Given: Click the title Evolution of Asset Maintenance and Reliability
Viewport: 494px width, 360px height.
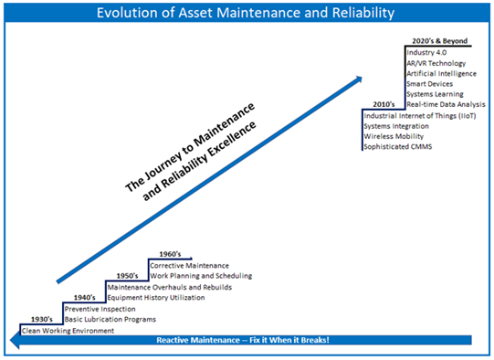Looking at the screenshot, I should pos(247,14).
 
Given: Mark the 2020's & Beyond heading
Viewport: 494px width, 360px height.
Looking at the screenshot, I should pos(436,40).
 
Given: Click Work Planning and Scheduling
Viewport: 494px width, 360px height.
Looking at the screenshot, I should pos(200,276).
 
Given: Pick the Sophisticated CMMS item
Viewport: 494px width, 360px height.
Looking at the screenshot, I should pos(399,147).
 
